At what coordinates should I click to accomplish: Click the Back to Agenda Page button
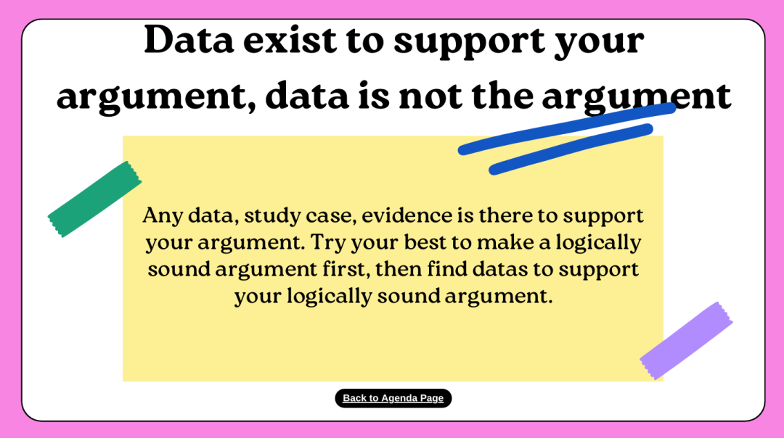(393, 398)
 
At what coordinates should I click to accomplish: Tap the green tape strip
(94, 199)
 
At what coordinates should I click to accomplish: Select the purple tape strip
(686, 341)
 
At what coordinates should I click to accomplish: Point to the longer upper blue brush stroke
(567, 129)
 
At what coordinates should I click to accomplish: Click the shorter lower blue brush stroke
(571, 149)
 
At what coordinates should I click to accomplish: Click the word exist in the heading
(290, 40)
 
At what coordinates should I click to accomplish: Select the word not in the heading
(431, 96)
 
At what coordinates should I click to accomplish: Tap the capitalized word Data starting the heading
(189, 40)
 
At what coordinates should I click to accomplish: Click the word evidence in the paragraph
(407, 216)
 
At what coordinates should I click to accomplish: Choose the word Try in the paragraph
(327, 243)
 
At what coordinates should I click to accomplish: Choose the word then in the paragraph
(398, 269)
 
